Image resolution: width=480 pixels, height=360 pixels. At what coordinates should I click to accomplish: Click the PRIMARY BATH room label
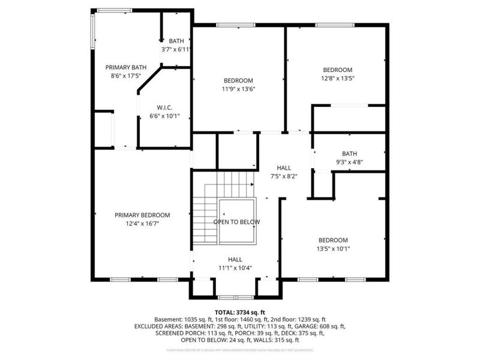click(126, 67)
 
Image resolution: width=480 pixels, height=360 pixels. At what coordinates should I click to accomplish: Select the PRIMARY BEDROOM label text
click(142, 215)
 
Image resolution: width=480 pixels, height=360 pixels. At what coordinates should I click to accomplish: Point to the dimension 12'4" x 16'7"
click(142, 223)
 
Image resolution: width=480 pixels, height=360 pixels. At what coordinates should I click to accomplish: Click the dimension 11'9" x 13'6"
click(238, 89)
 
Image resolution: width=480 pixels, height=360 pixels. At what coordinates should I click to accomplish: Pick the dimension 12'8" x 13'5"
click(338, 78)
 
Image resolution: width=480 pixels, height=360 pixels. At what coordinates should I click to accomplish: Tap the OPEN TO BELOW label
click(237, 222)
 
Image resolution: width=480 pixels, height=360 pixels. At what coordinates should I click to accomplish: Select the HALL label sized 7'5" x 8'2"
click(284, 167)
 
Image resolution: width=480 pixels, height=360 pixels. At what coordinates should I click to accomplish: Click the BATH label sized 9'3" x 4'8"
click(349, 153)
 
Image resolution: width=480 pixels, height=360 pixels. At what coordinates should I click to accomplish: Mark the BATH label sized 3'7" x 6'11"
click(176, 41)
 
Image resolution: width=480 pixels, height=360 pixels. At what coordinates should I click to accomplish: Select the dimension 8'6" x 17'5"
click(126, 76)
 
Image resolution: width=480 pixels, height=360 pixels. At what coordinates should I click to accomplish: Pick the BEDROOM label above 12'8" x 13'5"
click(338, 70)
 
